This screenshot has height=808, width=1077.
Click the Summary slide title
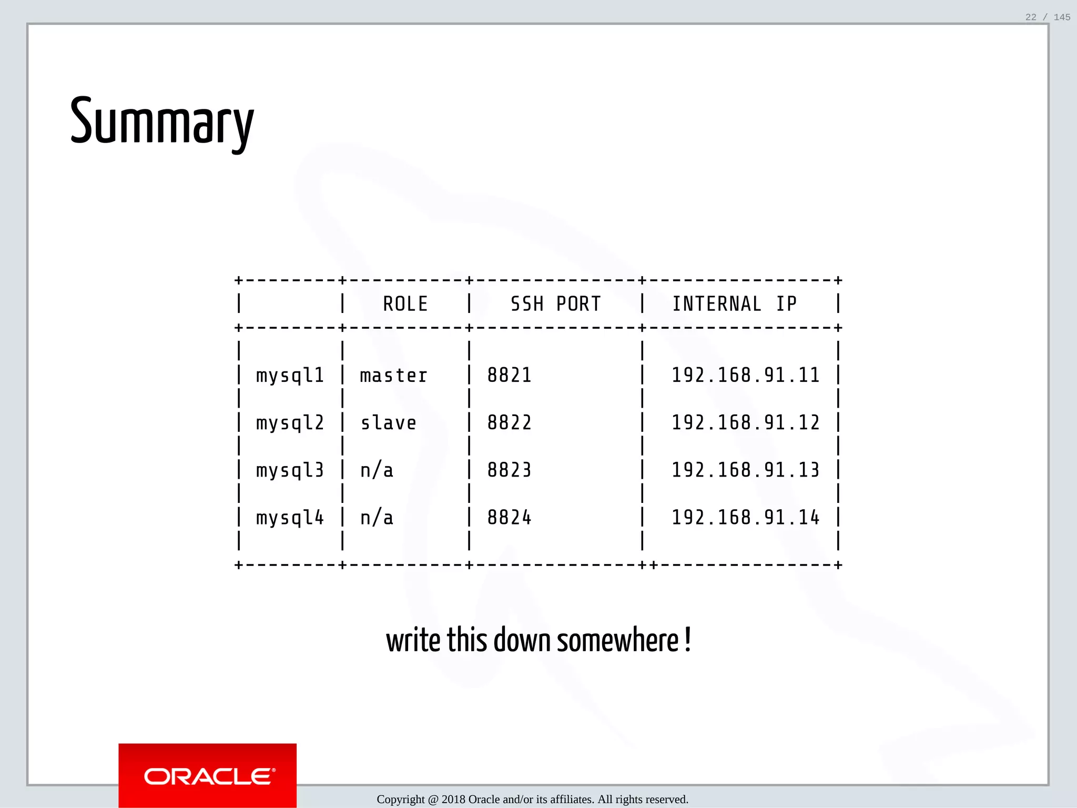point(161,122)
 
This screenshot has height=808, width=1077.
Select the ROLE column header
point(405,304)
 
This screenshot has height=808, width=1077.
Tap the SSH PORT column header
point(555,304)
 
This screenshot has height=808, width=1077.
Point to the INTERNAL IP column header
point(735,304)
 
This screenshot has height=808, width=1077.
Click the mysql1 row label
point(290,376)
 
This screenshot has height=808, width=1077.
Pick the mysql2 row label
point(290,423)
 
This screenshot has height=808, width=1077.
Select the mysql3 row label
point(290,470)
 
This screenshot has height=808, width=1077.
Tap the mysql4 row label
point(290,518)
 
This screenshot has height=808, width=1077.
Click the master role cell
point(393,376)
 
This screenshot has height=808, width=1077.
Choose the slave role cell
point(388,423)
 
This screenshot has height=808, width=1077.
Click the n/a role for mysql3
point(377,470)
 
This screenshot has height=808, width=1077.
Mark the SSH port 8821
point(509,376)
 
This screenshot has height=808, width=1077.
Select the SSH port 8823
point(509,470)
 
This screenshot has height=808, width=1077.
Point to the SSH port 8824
point(509,518)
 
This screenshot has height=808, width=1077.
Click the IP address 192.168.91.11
point(745,376)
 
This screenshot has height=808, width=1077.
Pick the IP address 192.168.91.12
point(745,423)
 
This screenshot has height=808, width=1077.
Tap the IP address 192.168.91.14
point(745,518)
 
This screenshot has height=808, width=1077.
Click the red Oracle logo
point(208,775)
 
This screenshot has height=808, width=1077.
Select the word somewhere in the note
point(617,641)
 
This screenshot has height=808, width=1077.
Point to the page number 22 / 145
point(1048,17)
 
